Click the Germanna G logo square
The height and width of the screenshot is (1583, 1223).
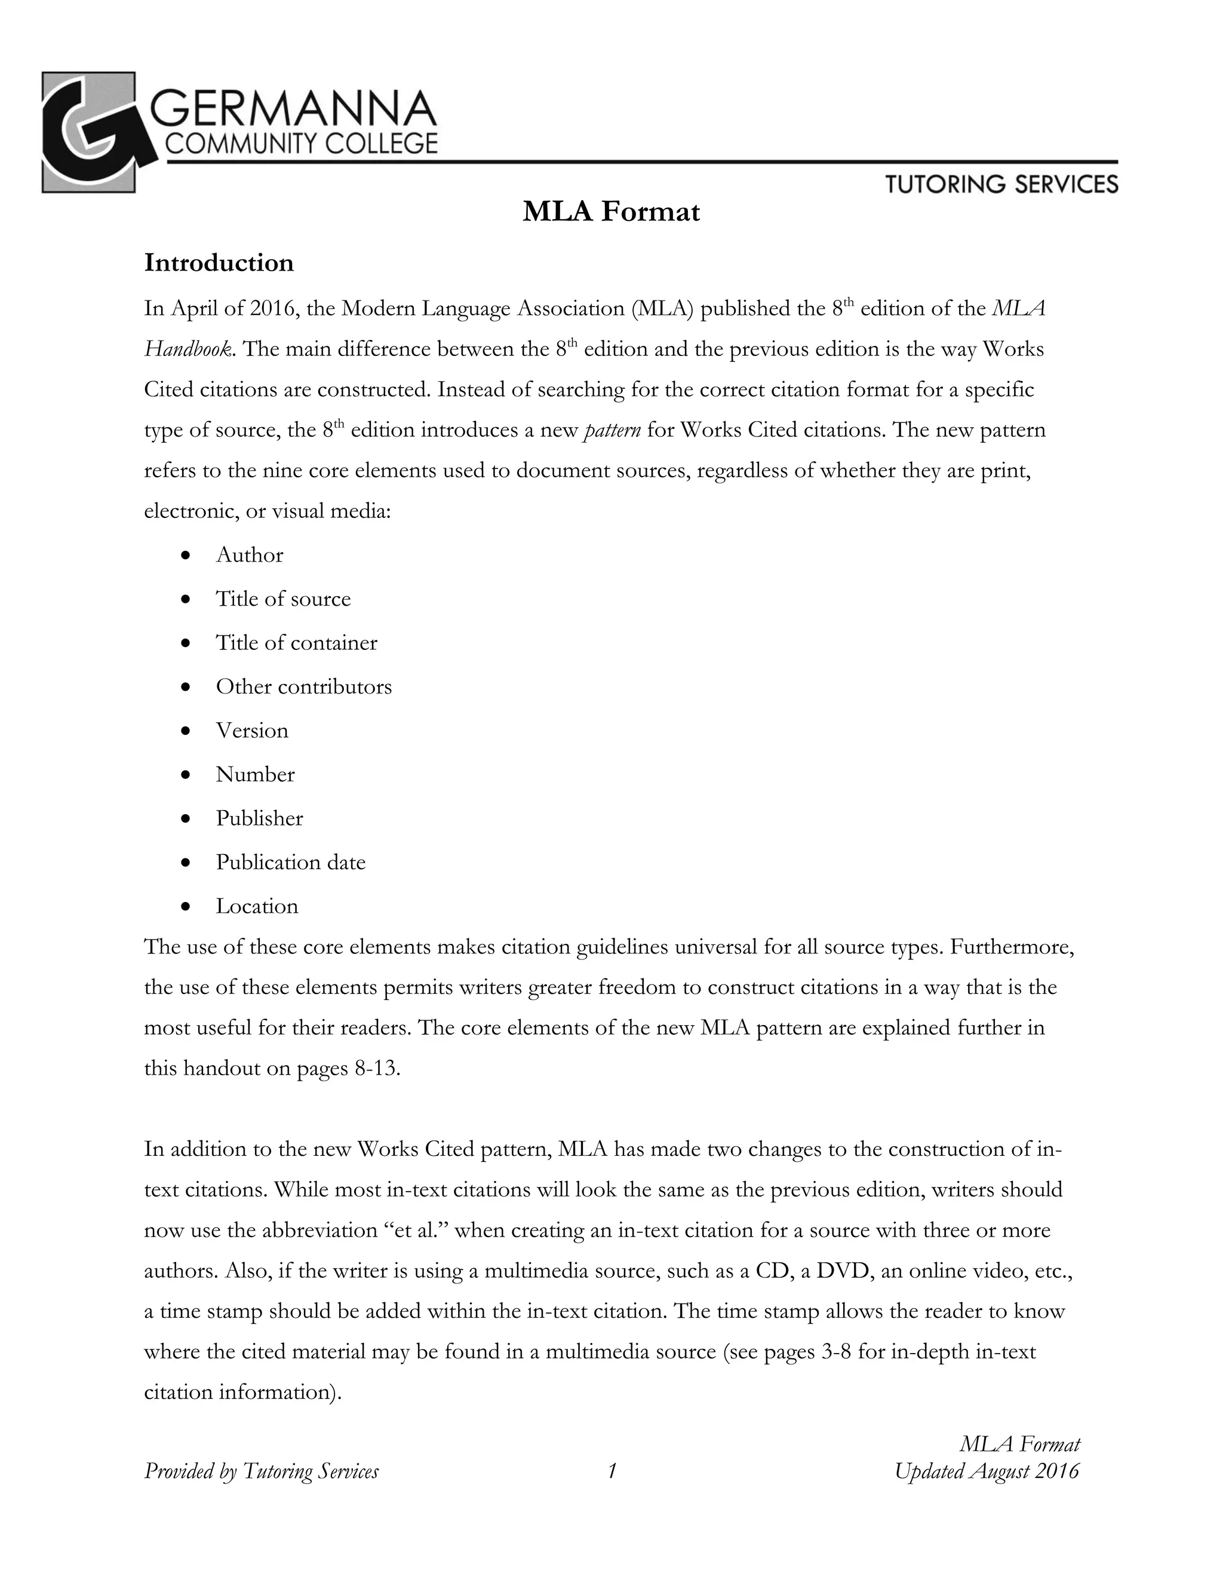click(x=88, y=132)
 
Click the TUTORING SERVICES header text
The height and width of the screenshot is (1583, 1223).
click(x=1001, y=184)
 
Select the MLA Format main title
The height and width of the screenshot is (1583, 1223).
click(x=611, y=211)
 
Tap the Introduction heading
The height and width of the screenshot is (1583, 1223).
click(x=219, y=262)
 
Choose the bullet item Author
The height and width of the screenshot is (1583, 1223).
click(x=249, y=555)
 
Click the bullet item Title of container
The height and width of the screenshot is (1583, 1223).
click(x=296, y=643)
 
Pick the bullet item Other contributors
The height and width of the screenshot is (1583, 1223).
click(x=303, y=686)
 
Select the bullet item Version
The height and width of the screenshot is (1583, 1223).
click(x=252, y=731)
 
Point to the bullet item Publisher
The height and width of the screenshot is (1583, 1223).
click(x=259, y=818)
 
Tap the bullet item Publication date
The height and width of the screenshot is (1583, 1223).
click(x=291, y=863)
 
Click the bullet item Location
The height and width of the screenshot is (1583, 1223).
click(x=256, y=906)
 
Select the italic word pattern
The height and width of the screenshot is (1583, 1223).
click(x=611, y=431)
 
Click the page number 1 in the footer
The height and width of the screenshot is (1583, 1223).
click(x=611, y=1471)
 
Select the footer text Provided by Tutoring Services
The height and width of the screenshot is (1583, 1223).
click(x=261, y=1471)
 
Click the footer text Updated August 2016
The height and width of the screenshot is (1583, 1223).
click(x=987, y=1471)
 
